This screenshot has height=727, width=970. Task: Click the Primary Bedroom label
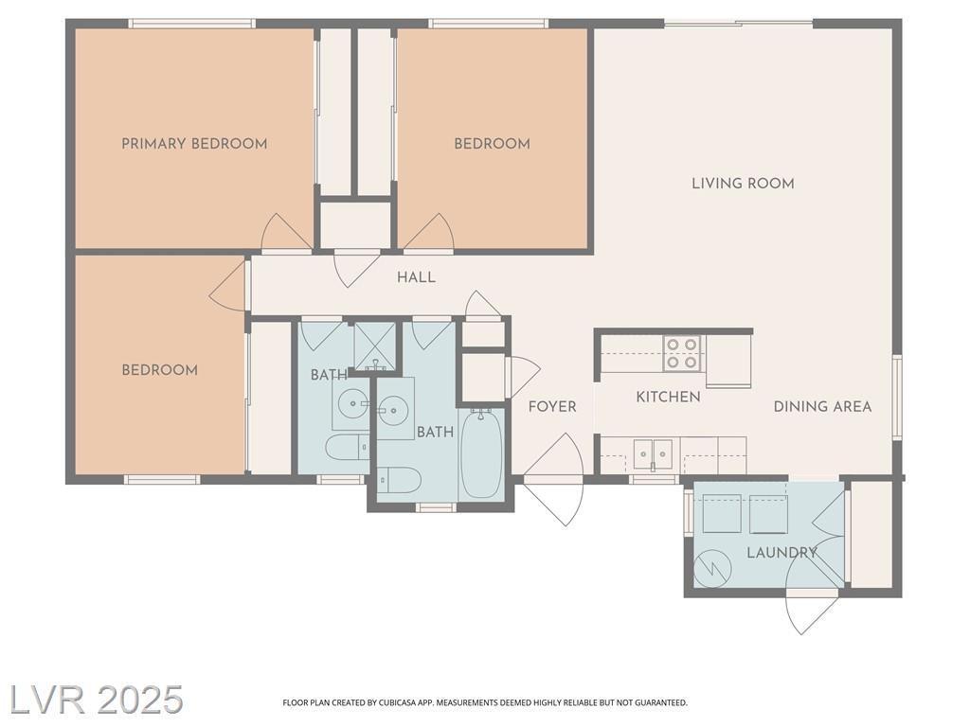(x=194, y=144)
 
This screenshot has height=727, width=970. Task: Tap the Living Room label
(x=743, y=184)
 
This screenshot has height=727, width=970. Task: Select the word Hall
(x=417, y=277)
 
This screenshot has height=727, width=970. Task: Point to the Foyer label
(x=552, y=407)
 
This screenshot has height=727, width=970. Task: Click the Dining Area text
(x=823, y=407)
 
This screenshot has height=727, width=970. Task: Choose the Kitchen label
(x=668, y=397)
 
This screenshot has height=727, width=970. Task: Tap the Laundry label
(x=781, y=553)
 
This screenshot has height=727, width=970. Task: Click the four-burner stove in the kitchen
(x=681, y=353)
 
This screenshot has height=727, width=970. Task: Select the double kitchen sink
(x=654, y=454)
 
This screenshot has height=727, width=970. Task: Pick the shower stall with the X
(x=373, y=346)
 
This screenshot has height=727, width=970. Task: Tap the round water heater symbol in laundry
(x=712, y=568)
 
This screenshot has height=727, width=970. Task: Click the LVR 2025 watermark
(x=92, y=700)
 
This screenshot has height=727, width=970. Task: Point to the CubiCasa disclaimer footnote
(x=485, y=703)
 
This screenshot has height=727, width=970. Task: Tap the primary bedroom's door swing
(x=286, y=233)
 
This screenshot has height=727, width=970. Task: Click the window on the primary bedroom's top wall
(x=191, y=24)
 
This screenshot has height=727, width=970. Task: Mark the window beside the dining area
(x=896, y=397)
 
